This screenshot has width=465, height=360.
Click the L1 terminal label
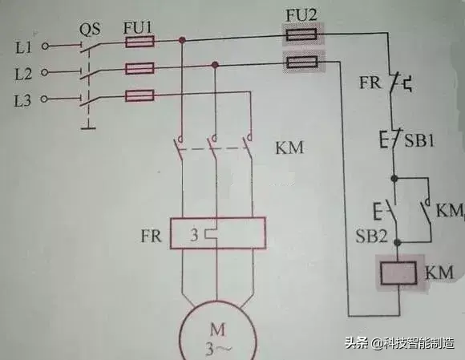pos(22,46)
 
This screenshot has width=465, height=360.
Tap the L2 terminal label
pos(22,72)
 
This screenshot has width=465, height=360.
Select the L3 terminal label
pos(22,99)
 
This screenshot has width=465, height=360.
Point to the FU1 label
pos(137,26)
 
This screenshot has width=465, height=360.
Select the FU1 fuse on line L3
pos(140,96)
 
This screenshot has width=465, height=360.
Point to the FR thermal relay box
pos(216,237)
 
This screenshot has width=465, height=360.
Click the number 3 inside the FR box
pos(194,237)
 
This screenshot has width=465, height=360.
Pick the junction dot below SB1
pos(394,176)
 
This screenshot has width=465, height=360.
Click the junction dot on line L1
pos(183,39)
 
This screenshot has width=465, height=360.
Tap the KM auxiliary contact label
pos(449,210)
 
